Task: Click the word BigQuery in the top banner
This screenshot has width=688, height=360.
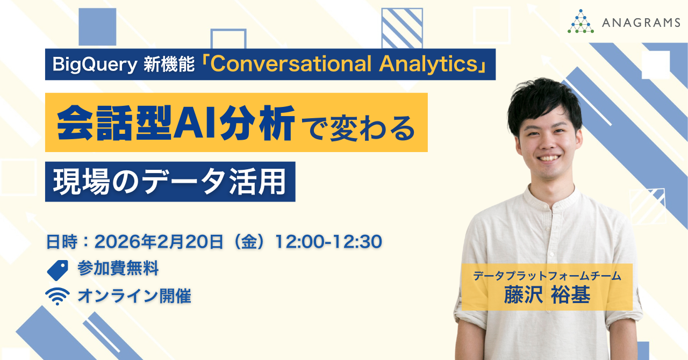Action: tap(95, 64)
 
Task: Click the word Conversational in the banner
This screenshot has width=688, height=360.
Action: tap(292, 64)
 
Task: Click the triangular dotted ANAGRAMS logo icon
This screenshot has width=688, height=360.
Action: tap(580, 21)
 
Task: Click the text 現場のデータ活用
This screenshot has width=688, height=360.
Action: tap(170, 182)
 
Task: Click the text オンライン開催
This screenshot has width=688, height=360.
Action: tap(134, 296)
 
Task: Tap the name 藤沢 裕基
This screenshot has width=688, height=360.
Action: tap(547, 296)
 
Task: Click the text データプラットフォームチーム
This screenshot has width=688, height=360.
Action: tap(547, 277)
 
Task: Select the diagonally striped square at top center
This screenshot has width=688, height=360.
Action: tap(402, 27)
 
